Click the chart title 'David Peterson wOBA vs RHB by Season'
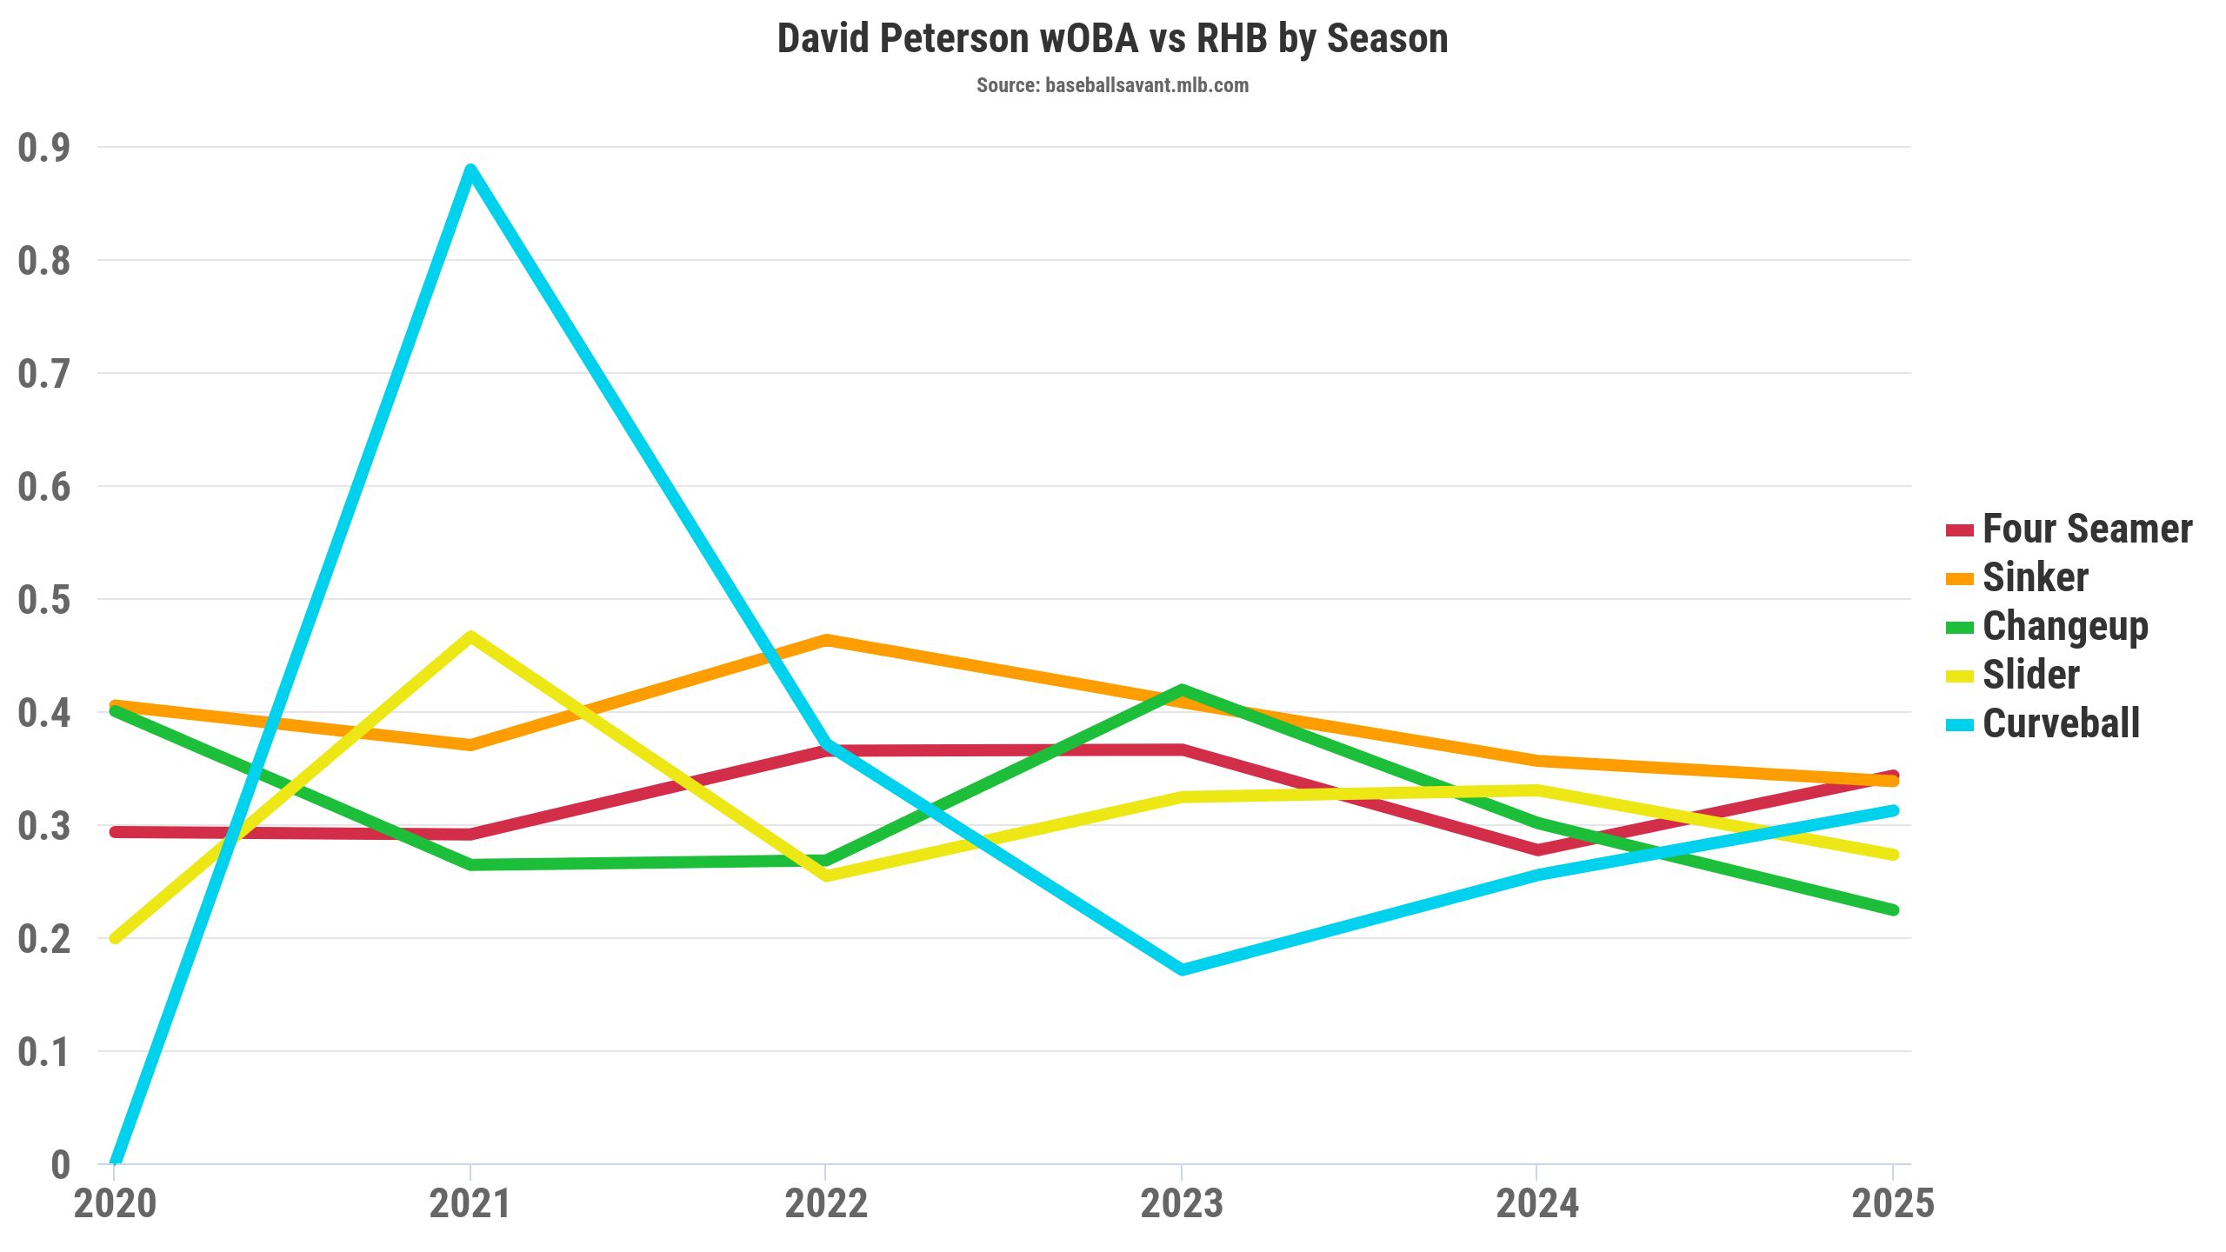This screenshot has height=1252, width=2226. [1112, 39]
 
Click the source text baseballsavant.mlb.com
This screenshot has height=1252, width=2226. [1112, 85]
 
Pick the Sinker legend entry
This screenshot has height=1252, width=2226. [2035, 577]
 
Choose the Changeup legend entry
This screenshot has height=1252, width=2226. [2065, 626]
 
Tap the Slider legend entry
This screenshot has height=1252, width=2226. [2030, 675]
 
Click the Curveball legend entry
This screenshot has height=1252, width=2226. [2061, 723]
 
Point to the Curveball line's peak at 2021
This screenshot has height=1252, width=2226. [470, 170]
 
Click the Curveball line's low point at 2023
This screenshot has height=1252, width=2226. [1182, 969]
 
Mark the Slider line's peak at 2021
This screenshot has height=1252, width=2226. [470, 636]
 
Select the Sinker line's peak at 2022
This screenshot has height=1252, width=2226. [826, 640]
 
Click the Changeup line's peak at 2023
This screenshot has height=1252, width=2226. [1182, 689]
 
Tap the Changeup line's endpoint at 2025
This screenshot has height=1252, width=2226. [1893, 910]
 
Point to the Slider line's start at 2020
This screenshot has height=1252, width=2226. [115, 938]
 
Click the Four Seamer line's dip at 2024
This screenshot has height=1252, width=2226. [1537, 849]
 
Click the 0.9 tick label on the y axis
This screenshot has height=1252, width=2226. [43, 148]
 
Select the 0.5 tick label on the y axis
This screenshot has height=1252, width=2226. [43, 600]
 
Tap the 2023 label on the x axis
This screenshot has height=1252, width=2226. [1182, 1204]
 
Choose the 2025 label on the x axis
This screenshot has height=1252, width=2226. [1893, 1204]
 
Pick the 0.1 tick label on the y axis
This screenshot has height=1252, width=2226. [43, 1052]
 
